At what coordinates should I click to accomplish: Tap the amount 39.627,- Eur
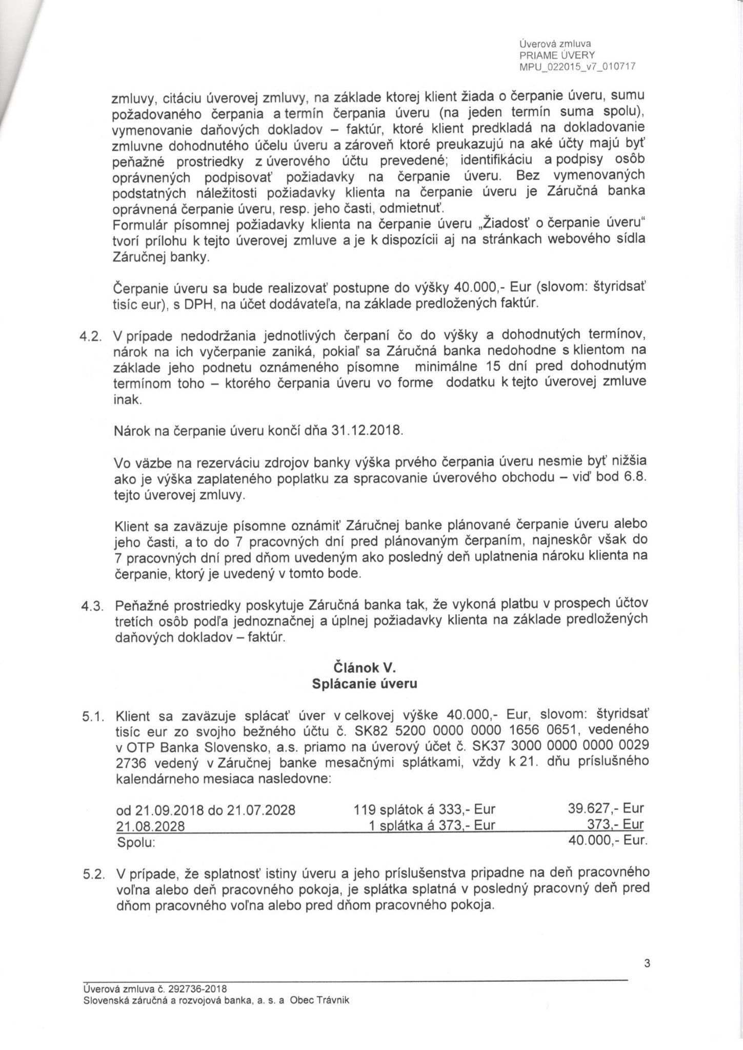point(606,811)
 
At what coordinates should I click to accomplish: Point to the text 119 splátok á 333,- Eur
point(425,811)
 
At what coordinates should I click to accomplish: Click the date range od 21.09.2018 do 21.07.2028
point(206,811)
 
